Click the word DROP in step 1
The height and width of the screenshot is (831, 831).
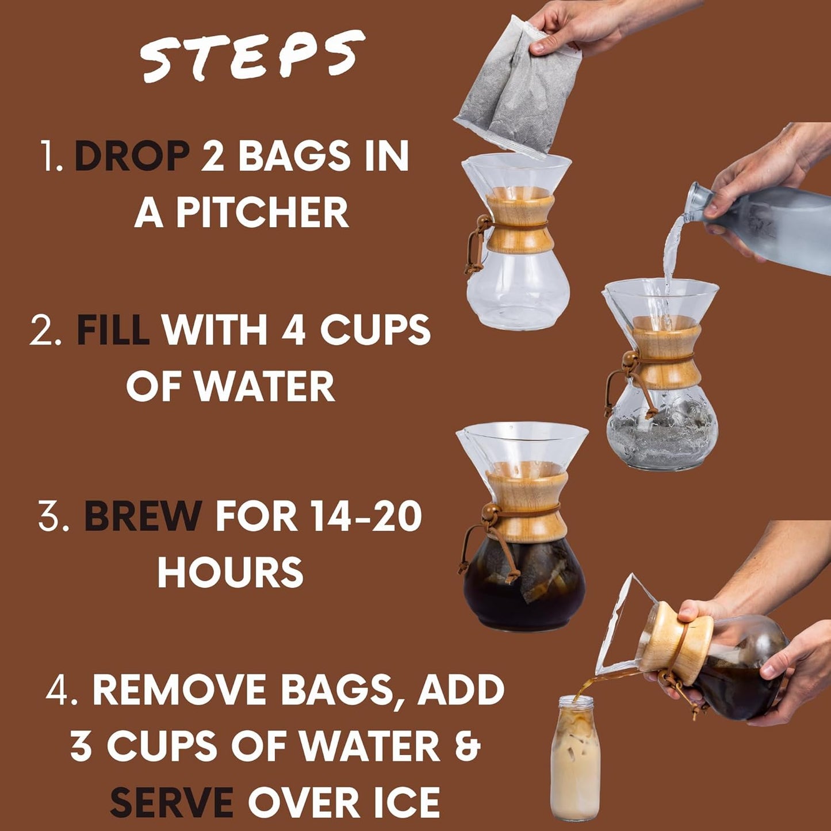pos(132,156)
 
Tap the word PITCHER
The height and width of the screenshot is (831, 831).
pos(262,213)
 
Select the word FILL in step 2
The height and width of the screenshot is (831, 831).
pos(113,330)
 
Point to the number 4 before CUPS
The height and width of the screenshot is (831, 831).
pos(293,330)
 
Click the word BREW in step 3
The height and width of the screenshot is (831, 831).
pos(143,516)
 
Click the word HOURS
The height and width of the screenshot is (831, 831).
pos(230,572)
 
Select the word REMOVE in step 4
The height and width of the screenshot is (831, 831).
pos(178,690)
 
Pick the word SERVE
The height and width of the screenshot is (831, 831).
pos(171,802)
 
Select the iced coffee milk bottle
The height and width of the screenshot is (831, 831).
pos(575,759)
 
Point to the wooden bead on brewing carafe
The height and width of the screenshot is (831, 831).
pos(489,511)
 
